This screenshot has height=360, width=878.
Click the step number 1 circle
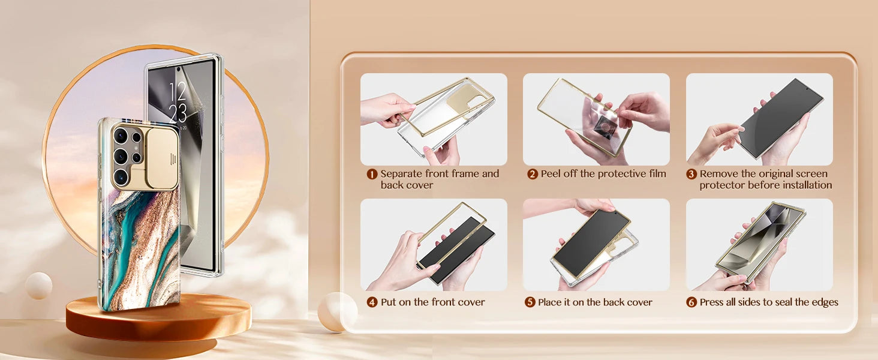[372, 175]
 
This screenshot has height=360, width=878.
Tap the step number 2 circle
[533, 175]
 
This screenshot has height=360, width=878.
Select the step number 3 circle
[691, 175]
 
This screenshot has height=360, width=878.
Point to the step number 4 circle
[372, 302]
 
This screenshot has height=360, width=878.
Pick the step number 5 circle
[530, 302]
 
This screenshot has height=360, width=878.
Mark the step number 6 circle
[691, 302]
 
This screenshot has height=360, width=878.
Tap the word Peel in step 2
[551, 174]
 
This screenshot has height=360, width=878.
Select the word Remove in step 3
[718, 174]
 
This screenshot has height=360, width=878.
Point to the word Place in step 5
[552, 302]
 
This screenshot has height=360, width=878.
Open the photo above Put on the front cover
[434, 245]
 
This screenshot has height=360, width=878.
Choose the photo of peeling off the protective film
[596, 119]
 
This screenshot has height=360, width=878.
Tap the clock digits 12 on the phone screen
[178, 91]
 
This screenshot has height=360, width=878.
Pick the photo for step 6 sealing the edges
[759, 245]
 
